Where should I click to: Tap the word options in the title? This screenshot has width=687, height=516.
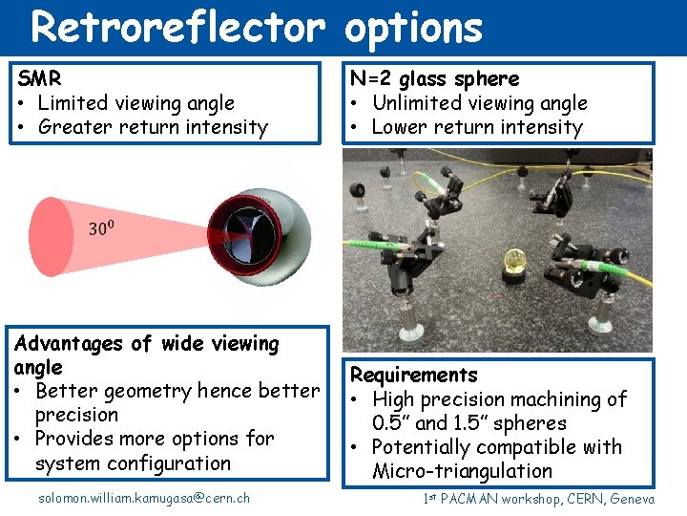414,28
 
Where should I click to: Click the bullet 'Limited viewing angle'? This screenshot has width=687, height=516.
135,103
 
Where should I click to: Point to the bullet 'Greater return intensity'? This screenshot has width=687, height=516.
153,127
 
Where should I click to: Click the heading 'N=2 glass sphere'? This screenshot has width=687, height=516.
435,79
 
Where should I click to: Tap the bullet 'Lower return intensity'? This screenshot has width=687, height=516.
476,127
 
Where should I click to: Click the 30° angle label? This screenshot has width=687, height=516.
101,227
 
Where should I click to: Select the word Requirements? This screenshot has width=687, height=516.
414,376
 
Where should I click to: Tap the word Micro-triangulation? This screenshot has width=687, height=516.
462,471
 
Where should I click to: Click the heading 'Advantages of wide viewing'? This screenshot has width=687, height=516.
146,343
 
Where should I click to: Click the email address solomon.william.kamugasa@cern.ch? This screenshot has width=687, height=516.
144,498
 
